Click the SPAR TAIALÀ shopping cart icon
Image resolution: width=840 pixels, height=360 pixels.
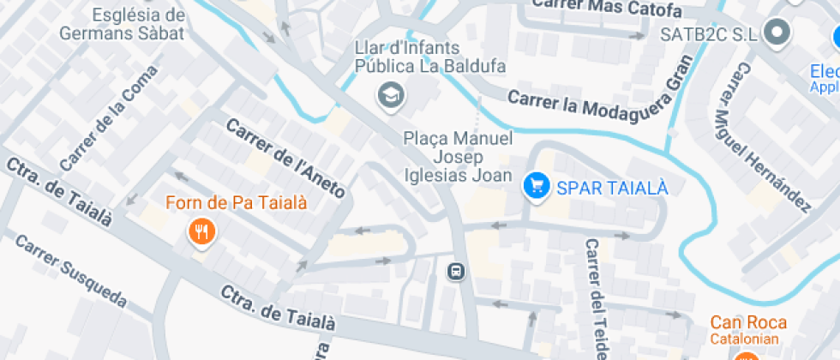coord(537,185)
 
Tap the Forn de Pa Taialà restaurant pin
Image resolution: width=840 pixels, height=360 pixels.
coord(201,231)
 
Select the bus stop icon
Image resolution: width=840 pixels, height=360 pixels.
coord(457,273)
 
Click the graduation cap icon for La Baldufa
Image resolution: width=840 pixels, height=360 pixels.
coord(391,96)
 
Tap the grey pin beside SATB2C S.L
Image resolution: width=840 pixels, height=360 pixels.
coord(778,33)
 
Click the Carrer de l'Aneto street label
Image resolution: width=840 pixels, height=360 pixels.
coord(286,159)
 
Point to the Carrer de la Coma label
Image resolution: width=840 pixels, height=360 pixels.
coord(98,129)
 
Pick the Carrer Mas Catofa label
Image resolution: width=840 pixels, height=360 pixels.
coord(606,8)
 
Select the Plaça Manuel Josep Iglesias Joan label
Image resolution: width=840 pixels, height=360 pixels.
coord(458,157)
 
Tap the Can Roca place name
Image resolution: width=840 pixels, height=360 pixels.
coord(748,322)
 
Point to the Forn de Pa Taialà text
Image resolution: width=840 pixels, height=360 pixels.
coord(236,203)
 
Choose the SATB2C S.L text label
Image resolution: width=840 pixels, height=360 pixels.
coord(710,34)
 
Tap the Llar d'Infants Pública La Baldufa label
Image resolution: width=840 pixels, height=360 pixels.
coord(430,57)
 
